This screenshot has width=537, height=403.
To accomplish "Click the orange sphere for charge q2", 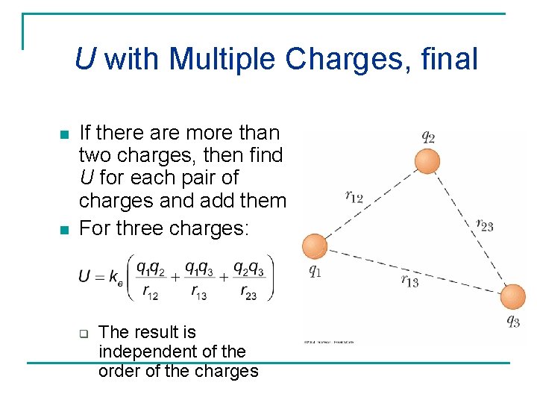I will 427,161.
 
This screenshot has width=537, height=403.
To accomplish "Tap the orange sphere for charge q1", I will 315,246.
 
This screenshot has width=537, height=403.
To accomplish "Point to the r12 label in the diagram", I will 354,196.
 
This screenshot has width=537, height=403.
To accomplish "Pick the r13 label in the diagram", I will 409,281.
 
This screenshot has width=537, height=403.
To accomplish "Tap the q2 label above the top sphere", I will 428,137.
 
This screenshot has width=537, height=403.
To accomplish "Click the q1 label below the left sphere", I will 315,271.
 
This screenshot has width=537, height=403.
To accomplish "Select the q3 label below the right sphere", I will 513,322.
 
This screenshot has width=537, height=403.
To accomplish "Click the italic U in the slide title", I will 85,59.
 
